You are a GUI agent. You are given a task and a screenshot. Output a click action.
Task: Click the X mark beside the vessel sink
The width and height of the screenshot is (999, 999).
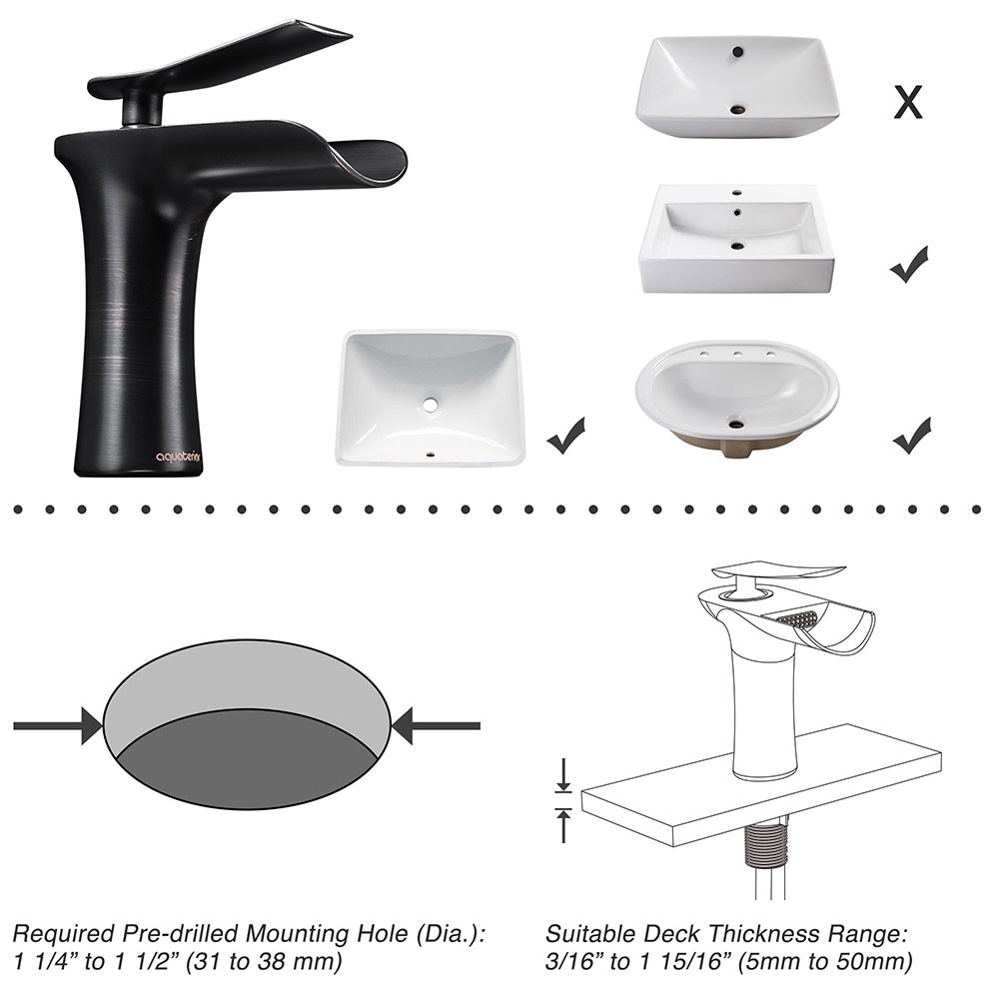908,102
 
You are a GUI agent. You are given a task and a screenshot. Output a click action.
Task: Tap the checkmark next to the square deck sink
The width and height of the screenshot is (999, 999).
909,266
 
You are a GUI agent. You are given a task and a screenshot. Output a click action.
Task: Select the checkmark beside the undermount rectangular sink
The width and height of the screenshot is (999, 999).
565,437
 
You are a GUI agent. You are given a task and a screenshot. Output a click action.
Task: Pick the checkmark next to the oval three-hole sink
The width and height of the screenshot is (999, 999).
912,437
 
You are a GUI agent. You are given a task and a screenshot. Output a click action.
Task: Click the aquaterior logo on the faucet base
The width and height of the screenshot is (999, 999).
179,457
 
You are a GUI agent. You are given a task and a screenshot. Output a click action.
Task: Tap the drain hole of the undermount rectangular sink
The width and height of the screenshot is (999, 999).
431,404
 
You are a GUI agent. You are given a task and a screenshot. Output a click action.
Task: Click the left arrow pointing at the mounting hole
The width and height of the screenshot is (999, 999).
57,725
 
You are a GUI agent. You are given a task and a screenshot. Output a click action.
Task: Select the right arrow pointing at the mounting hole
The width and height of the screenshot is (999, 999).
436,725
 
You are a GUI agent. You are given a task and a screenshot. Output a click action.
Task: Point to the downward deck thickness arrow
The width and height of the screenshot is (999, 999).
563,776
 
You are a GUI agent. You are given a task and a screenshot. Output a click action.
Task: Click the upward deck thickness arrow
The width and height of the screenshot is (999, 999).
563,825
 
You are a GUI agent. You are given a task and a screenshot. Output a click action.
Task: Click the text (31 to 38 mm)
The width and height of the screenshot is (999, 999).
263,962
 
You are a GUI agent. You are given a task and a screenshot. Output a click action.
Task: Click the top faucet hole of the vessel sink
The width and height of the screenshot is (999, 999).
738,51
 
